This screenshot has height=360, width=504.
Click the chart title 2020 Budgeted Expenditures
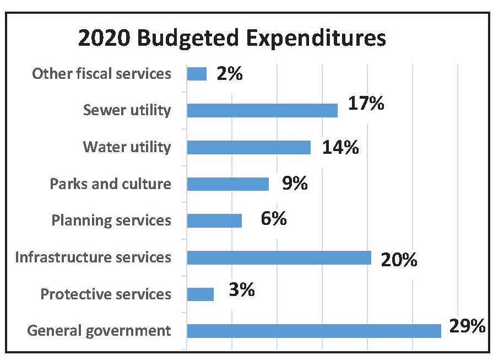pos(232,39)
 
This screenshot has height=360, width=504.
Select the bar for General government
pos(314,331)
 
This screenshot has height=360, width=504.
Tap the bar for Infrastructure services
pos(279,257)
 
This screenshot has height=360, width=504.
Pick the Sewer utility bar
pos(262,110)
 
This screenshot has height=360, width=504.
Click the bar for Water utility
pos(248,147)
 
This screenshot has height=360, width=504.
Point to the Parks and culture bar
pos(227,184)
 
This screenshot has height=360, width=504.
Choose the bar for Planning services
pos(214,221)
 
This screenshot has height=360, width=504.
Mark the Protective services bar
pos(200,294)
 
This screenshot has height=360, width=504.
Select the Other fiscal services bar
pos(197,74)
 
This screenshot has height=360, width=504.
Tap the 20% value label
pos(399,259)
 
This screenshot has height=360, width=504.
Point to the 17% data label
pos(366,104)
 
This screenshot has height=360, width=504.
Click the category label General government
pos(99,331)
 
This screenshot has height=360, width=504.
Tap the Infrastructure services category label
pos(93,257)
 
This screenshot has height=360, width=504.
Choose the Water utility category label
pos(127,147)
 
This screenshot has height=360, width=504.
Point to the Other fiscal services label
pos(101,73)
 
